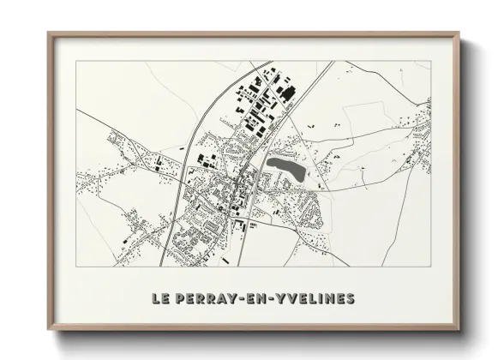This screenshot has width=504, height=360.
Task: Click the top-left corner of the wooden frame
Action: [x=48, y=33]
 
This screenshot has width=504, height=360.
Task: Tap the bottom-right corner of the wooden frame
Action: [x=459, y=329]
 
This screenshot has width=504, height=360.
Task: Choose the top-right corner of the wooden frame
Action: [x=459, y=33]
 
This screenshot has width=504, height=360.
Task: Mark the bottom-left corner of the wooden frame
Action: [x=48, y=329]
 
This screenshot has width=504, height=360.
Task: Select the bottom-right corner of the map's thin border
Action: [x=431, y=267]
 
